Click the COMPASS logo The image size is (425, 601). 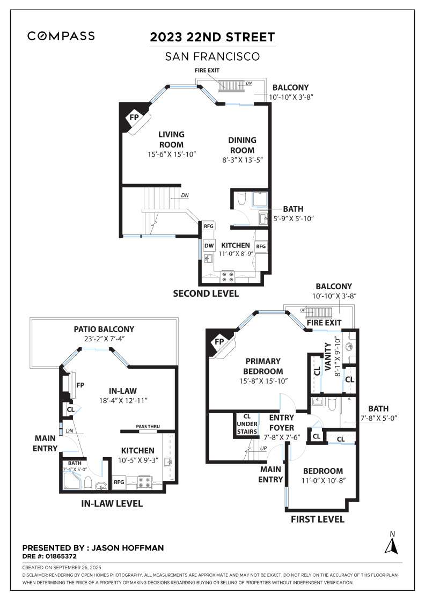click(61, 36)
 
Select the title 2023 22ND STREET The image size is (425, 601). click(213, 37)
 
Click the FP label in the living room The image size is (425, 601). click(133, 116)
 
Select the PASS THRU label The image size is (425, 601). click(148, 427)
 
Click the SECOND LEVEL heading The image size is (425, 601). click(206, 294)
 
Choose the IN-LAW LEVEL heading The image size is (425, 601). click(112, 503)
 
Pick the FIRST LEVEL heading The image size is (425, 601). click(317, 519)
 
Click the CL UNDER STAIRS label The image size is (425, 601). click(247, 423)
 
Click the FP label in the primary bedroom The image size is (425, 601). click(219, 341)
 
